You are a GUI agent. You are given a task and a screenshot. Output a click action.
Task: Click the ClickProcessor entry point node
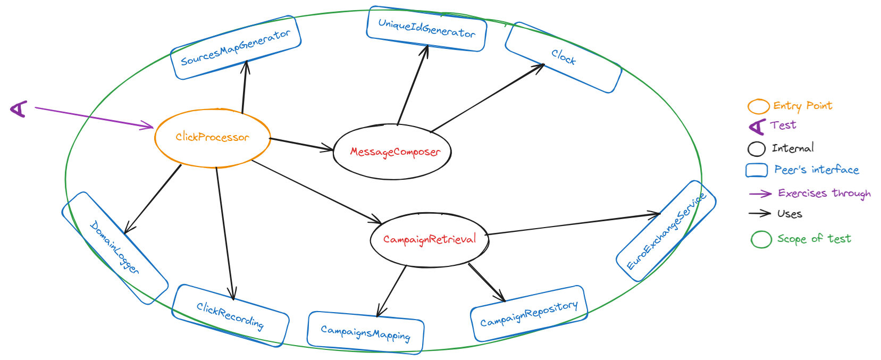pyautogui.click(x=212, y=138)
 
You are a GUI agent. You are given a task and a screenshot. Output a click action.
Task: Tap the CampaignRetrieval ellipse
pyautogui.click(x=429, y=239)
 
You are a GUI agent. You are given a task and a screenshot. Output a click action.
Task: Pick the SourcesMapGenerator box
pyautogui.click(x=236, y=48)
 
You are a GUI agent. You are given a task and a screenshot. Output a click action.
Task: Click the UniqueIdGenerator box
pyautogui.click(x=426, y=29)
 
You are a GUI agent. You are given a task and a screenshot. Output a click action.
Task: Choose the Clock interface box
pyautogui.click(x=564, y=57)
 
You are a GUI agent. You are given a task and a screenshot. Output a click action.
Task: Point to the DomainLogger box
pyautogui.click(x=115, y=248)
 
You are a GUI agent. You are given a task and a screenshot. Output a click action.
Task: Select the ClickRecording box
pyautogui.click(x=230, y=316)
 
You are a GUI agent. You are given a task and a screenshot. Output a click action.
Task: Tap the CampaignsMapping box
pyautogui.click(x=366, y=333)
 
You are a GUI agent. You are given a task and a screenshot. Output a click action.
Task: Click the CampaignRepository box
pyautogui.click(x=529, y=314)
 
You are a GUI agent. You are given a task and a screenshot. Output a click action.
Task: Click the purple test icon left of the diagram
pyautogui.click(x=19, y=108)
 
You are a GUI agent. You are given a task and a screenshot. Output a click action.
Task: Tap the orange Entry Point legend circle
pyautogui.click(x=758, y=106)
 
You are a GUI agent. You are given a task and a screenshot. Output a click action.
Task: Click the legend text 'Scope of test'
pyautogui.click(x=813, y=239)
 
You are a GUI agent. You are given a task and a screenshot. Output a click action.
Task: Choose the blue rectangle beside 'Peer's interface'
pyautogui.click(x=757, y=170)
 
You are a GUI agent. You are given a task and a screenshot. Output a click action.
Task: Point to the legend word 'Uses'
pyautogui.click(x=790, y=214)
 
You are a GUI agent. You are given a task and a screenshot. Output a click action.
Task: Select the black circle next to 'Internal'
pyautogui.click(x=757, y=148)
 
